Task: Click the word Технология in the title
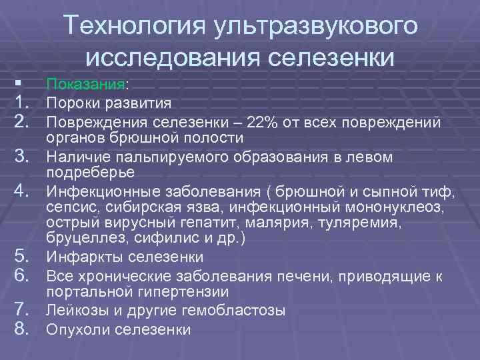pos(133,27)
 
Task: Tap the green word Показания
pos(85,85)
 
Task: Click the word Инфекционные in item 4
pos(93,193)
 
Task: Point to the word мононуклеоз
pos(400,208)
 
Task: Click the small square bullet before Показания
pos(18,84)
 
